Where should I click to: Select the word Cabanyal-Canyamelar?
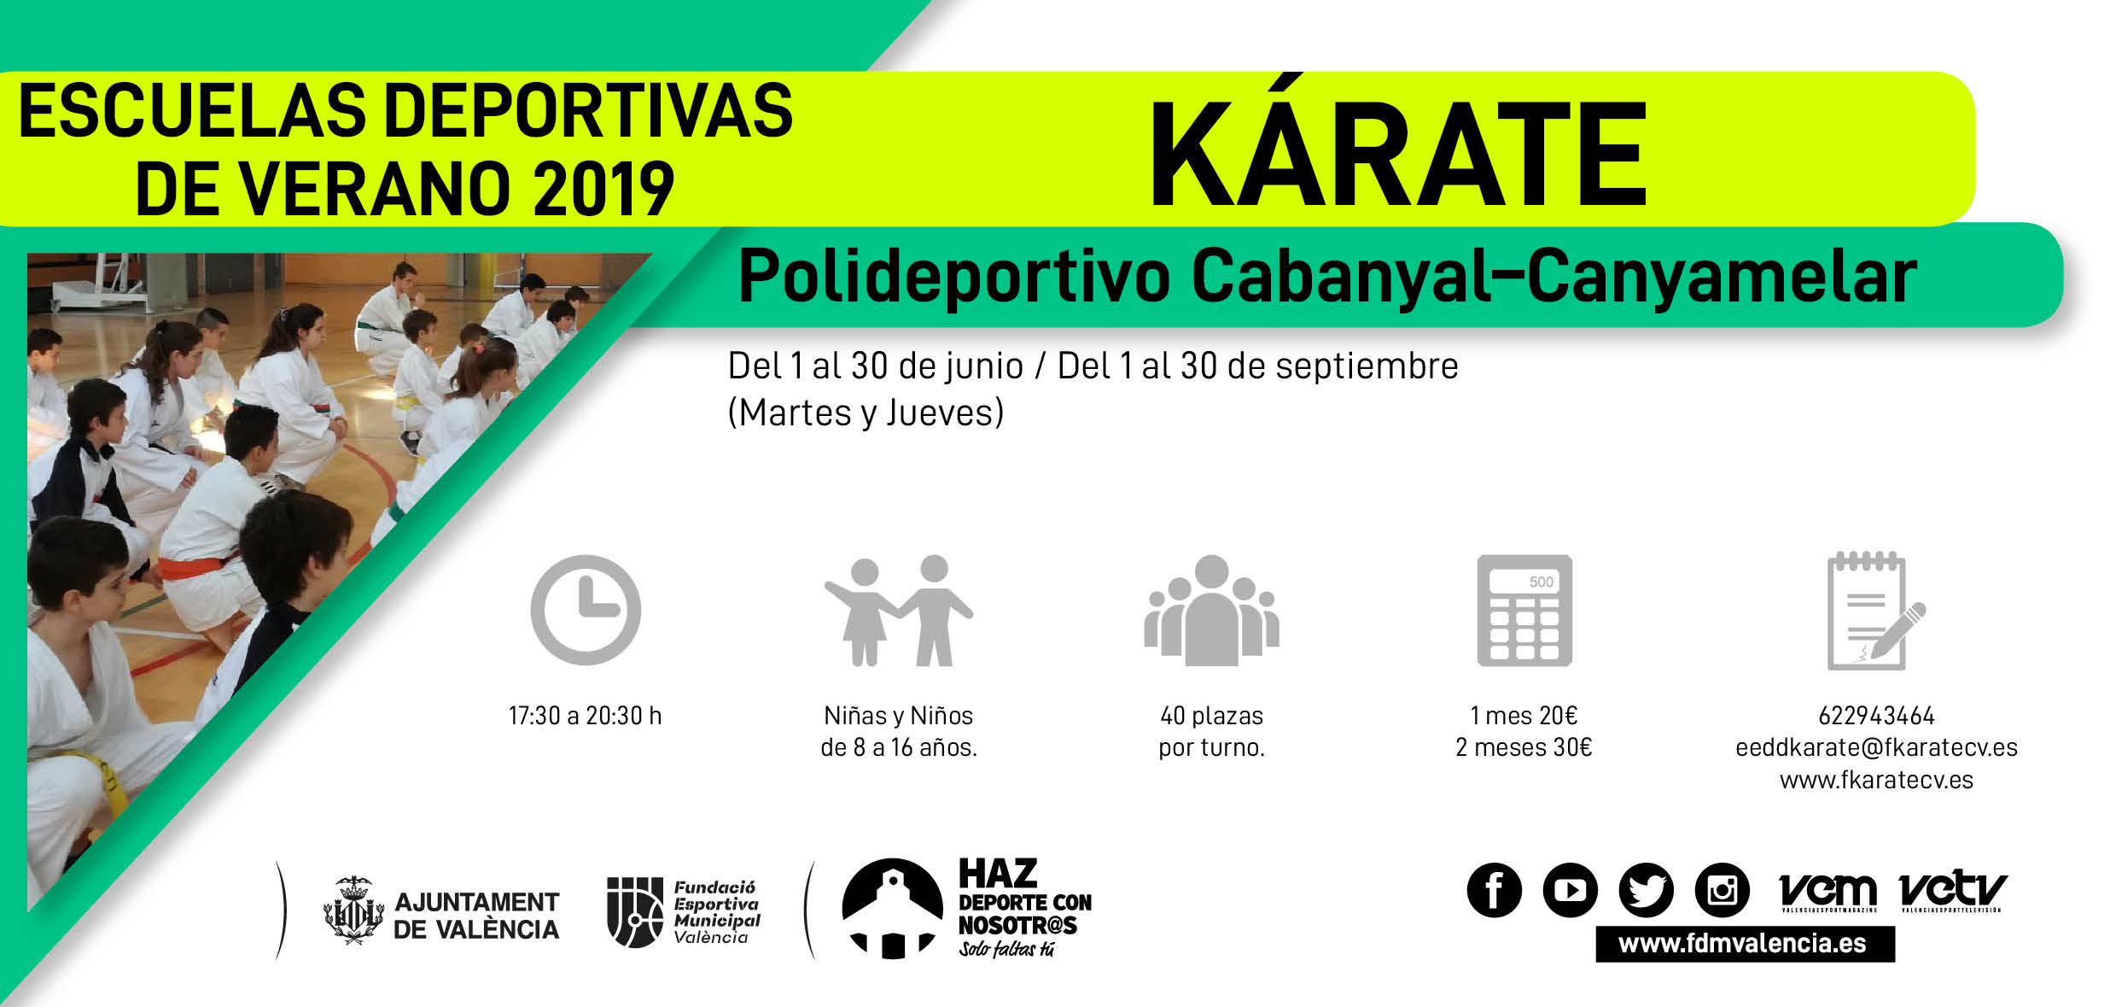click(x=1553, y=278)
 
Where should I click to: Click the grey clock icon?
click(x=586, y=610)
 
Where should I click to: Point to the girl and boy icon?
click(x=898, y=610)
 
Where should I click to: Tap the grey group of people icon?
click(x=1211, y=610)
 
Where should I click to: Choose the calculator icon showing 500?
click(x=1524, y=611)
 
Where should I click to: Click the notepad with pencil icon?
click(x=1875, y=611)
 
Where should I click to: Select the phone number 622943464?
click(x=1876, y=716)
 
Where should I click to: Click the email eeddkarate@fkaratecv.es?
click(x=1876, y=748)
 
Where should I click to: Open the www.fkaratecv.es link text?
click(x=1876, y=780)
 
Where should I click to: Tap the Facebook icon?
click(x=1494, y=890)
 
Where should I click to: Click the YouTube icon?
click(x=1570, y=890)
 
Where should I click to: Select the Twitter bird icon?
click(x=1646, y=890)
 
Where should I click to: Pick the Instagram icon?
click(x=1722, y=890)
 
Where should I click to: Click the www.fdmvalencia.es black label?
click(x=1745, y=944)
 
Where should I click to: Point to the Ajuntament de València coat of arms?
click(x=353, y=910)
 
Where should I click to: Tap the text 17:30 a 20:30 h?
click(x=585, y=716)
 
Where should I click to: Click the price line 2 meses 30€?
click(x=1524, y=748)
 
